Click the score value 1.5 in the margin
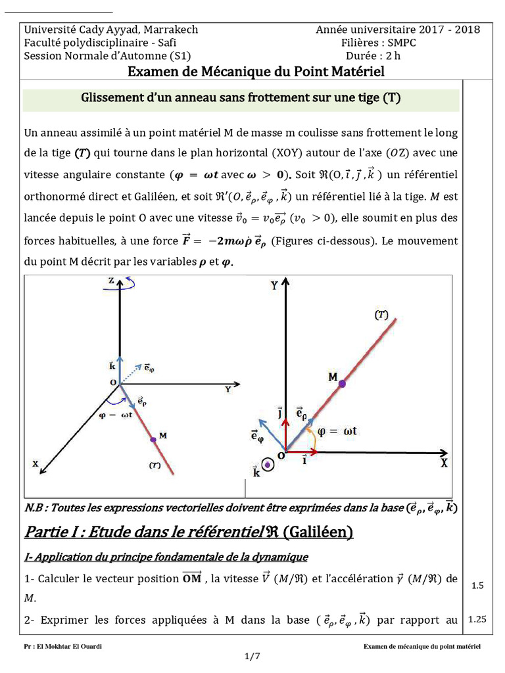pyautogui.click(x=478, y=585)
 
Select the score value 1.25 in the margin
pyautogui.click(x=478, y=619)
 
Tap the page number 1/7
pyautogui.click(x=252, y=656)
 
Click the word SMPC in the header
pyautogui.click(x=401, y=42)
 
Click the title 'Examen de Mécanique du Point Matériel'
pyautogui.click(x=256, y=72)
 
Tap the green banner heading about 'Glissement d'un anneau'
pyautogui.click(x=241, y=98)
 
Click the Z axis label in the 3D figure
pyautogui.click(x=111, y=280)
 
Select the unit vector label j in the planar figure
pyautogui.click(x=280, y=414)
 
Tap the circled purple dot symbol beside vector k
pyautogui.click(x=268, y=463)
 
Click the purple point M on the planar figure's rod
pyautogui.click(x=341, y=383)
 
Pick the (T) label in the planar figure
pyautogui.click(x=381, y=315)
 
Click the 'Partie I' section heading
pyautogui.click(x=188, y=531)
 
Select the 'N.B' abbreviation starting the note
pyautogui.click(x=34, y=507)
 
